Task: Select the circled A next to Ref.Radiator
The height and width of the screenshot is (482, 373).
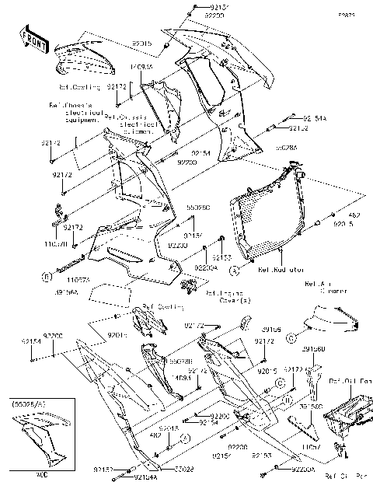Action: pos(233,271)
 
